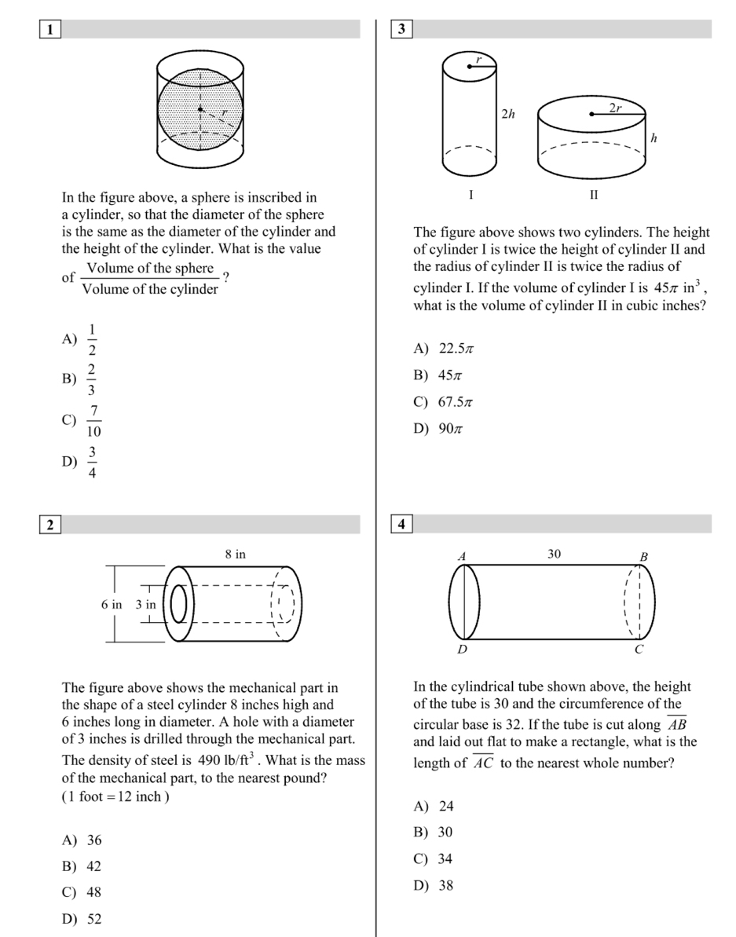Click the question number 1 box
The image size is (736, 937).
pos(50,30)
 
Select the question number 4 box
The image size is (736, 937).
pos(401,525)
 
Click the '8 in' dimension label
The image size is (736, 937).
pos(236,554)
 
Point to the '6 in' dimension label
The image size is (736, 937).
pos(112,604)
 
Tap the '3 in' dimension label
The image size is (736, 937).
pos(146,604)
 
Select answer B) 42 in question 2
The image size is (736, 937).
pos(82,866)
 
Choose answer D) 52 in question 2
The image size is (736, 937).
pos(82,919)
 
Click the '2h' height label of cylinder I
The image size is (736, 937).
pos(508,115)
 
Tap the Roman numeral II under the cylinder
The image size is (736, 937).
pos(594,194)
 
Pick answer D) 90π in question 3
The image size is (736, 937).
pos(435,428)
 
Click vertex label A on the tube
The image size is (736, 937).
pos(462,555)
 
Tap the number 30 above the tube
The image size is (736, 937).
pos(554,554)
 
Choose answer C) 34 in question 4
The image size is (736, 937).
pos(433,858)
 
